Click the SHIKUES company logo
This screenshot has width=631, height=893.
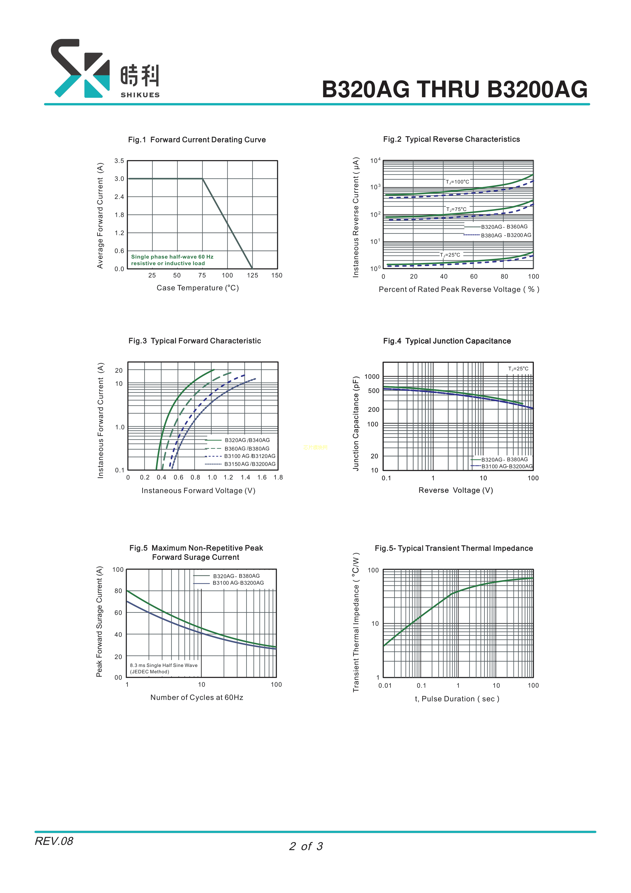click(105, 68)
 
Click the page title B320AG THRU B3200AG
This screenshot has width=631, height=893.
click(454, 89)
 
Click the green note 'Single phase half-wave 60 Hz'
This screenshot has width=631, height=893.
click(172, 257)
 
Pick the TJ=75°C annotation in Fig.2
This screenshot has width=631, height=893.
click(456, 209)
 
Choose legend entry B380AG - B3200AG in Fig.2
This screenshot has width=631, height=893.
click(506, 235)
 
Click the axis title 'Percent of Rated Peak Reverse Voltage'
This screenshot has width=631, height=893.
click(459, 289)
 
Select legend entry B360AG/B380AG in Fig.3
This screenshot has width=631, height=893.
click(247, 449)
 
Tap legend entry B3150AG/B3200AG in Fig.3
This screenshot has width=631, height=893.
click(250, 464)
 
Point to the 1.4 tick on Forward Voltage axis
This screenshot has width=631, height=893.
click(245, 477)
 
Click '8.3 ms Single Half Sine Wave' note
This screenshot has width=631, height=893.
click(164, 665)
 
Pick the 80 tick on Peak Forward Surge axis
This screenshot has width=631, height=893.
click(118, 591)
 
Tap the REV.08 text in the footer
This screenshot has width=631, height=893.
click(54, 841)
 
